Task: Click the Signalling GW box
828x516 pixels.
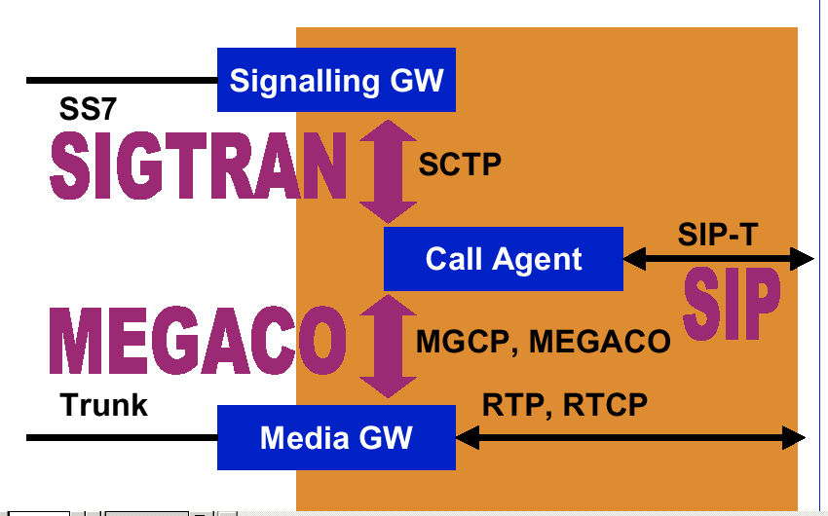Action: (x=336, y=80)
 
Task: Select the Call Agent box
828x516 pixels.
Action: (x=504, y=259)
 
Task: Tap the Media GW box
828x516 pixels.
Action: (x=336, y=437)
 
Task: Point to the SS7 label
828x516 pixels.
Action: (x=88, y=109)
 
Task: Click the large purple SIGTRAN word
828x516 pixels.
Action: (x=199, y=166)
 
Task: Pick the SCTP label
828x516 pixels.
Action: (x=460, y=165)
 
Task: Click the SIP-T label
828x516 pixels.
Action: (x=718, y=235)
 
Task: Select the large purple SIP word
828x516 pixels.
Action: (x=732, y=304)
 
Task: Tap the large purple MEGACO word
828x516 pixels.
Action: (x=198, y=341)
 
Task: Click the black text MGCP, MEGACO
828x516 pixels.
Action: (x=544, y=342)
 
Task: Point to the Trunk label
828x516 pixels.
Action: (x=104, y=405)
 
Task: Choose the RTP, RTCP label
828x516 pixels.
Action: (x=564, y=405)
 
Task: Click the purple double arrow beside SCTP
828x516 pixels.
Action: (x=388, y=171)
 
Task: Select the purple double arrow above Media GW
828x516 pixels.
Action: (x=388, y=347)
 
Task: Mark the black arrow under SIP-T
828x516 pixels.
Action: (x=719, y=259)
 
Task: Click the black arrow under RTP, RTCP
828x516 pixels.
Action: (x=630, y=438)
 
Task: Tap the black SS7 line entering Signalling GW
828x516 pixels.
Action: (x=122, y=80)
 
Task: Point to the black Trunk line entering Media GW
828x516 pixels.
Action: (x=122, y=438)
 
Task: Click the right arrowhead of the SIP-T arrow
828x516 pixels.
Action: (x=803, y=259)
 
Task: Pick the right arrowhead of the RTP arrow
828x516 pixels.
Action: (x=794, y=438)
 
